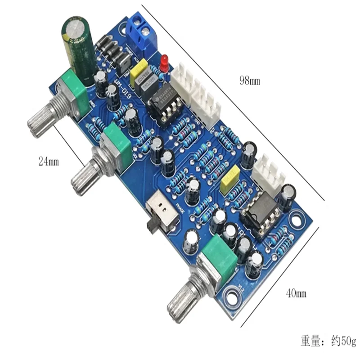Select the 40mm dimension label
tap(296, 293)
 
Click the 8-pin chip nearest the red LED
tap(165, 104)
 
